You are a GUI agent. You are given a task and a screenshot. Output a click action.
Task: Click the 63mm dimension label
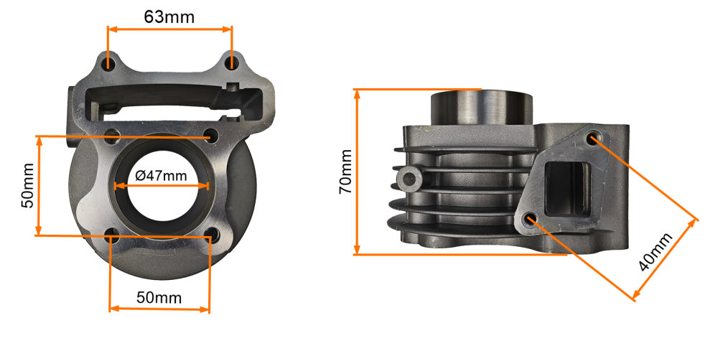coord(169,17)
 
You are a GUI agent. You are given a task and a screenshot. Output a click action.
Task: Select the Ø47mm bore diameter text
coord(161,175)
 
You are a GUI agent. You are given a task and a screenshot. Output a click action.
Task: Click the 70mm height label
coord(345,172)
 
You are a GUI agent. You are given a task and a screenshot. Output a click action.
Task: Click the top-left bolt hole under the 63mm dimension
coord(108,64)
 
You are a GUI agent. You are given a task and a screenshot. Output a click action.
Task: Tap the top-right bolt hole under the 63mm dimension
coord(231,64)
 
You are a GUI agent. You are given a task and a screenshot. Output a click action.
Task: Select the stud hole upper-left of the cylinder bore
coord(111,134)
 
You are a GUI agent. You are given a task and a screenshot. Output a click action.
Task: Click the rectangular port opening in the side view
coord(567,188)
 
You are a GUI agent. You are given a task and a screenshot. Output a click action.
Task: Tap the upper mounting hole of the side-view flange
coord(594,137)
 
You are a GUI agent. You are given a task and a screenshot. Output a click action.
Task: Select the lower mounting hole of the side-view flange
coord(531,219)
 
